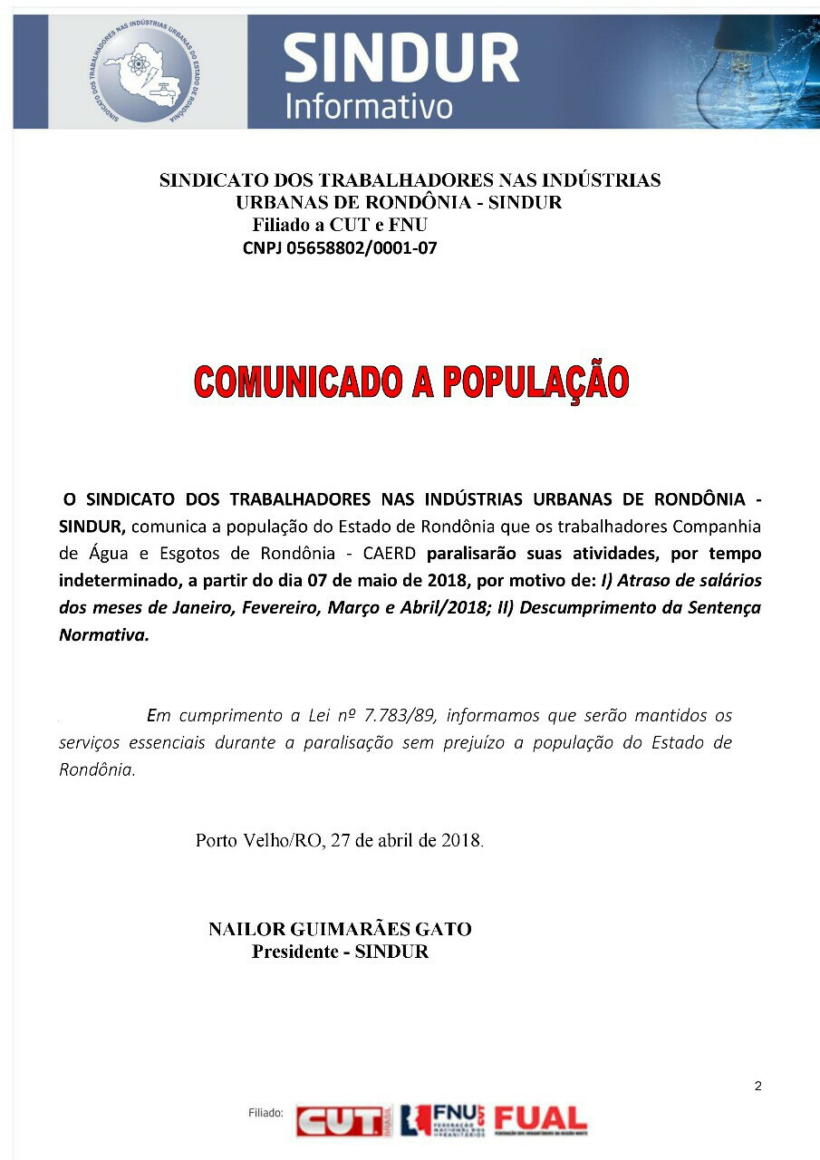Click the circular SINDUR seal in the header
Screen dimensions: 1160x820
click(148, 72)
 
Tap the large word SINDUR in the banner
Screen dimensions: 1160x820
click(400, 58)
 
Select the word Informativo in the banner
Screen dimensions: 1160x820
click(369, 105)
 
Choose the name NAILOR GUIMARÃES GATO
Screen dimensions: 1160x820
click(340, 929)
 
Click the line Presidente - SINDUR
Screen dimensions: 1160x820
click(340, 952)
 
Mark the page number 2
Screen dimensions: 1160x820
click(757, 1087)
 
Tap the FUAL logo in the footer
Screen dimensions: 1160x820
click(540, 1121)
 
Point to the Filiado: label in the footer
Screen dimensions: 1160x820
click(266, 1112)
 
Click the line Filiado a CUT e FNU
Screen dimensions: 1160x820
click(340, 225)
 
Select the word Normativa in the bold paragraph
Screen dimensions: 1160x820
click(103, 635)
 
